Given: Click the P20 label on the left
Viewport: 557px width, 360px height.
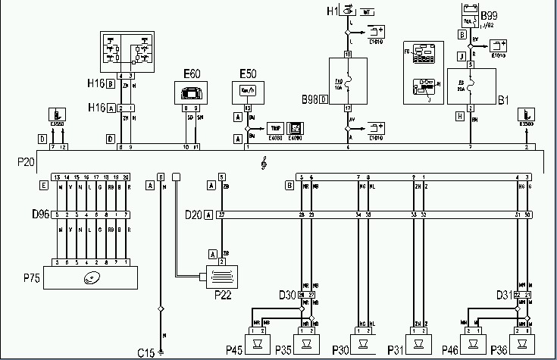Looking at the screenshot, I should pos(26,161).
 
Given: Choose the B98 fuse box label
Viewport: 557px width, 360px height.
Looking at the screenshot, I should pos(311,99).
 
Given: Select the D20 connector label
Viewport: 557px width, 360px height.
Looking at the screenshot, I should pos(194,215).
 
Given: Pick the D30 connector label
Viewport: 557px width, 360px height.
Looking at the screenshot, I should pos(287,293).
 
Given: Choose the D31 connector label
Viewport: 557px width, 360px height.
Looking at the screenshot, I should pos(503,293).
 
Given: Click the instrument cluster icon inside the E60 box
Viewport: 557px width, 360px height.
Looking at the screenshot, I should pos(190,94).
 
